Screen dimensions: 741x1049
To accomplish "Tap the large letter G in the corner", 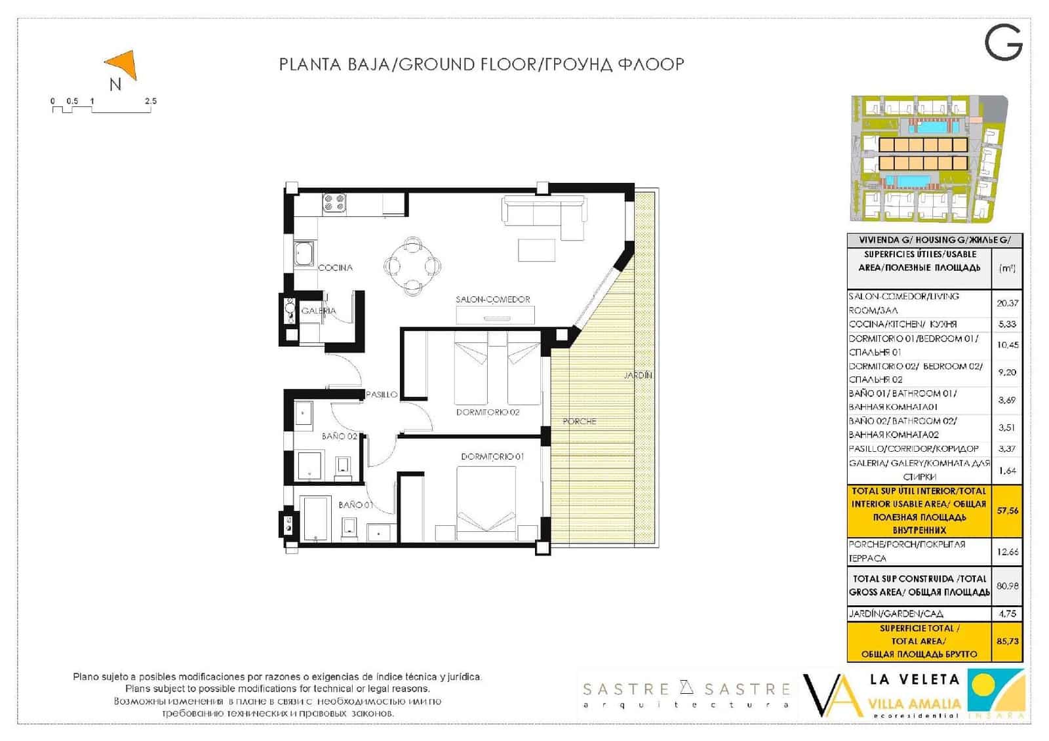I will [x=1003, y=43].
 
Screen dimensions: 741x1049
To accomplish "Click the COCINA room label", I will [x=335, y=268].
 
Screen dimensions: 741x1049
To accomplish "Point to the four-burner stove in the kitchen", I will [x=334, y=203].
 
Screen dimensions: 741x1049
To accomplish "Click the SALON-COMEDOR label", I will [x=493, y=299].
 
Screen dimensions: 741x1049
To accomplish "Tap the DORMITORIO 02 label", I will [x=488, y=412].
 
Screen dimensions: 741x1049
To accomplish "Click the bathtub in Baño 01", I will [x=314, y=519].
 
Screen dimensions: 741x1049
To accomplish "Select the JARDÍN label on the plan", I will [x=638, y=375].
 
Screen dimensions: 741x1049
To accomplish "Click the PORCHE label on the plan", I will [x=580, y=421].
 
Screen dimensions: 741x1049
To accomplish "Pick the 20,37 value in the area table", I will [x=1007, y=303].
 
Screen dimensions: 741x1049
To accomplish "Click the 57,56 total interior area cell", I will [x=1007, y=510].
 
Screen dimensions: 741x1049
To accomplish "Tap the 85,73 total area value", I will [x=1007, y=641].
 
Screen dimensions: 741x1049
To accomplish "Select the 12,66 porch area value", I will [x=1007, y=551].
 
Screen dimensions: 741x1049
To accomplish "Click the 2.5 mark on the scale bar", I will [x=151, y=102].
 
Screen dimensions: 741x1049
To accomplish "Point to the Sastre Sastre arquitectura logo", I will [x=686, y=694].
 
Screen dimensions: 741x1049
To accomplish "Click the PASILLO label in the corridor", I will [x=382, y=394].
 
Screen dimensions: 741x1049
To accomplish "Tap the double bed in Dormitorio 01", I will [x=486, y=502].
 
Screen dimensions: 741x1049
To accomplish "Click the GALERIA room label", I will [x=319, y=311].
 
